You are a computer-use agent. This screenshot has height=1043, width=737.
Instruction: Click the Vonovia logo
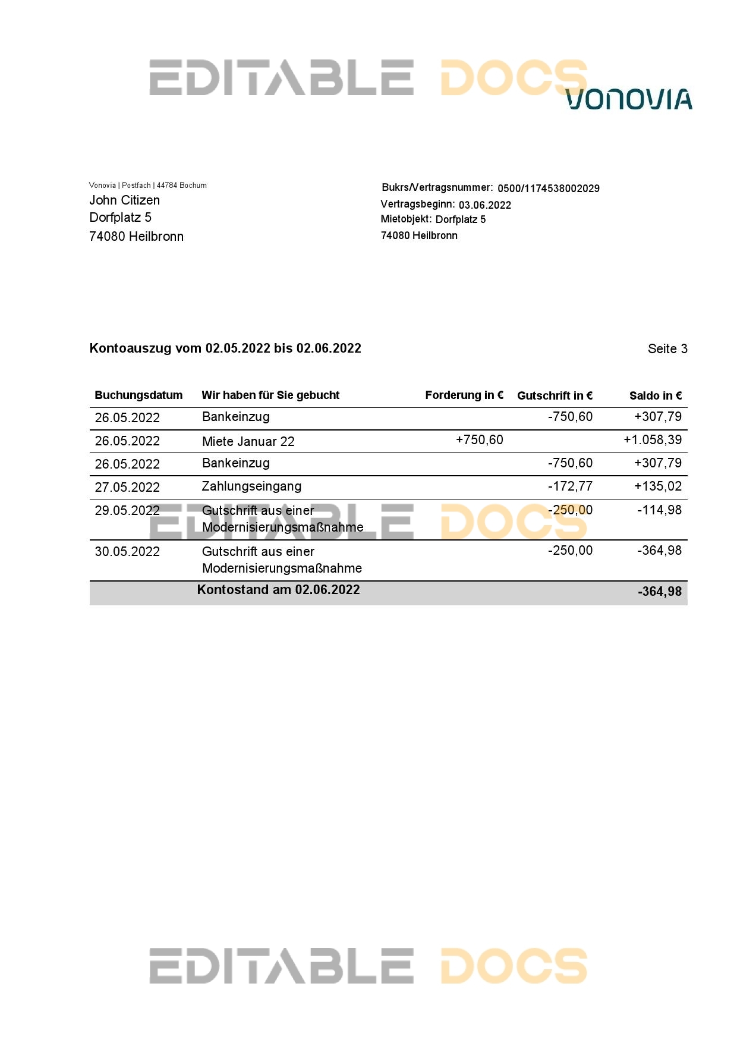point(629,99)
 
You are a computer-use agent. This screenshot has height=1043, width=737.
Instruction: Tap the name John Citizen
point(124,200)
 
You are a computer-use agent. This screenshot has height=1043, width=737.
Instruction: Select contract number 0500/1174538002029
point(548,189)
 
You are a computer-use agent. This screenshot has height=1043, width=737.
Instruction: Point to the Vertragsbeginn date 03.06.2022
point(484,205)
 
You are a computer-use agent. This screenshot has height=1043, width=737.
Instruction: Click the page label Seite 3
point(667,349)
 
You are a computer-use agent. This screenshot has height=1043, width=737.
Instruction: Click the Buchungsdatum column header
point(138,395)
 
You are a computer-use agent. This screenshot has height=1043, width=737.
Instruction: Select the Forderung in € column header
point(464,395)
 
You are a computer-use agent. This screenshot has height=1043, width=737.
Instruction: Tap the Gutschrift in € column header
point(555,396)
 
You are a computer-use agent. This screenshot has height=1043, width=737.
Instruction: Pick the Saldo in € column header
point(655,396)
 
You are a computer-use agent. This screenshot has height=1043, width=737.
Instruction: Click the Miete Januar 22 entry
point(248,441)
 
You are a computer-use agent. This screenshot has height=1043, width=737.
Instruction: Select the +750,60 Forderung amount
point(479,440)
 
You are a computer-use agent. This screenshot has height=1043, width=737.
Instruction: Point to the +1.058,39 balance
point(652,440)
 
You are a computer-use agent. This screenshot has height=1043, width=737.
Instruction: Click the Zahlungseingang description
point(251,486)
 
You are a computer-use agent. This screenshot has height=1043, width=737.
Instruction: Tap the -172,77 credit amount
point(570,486)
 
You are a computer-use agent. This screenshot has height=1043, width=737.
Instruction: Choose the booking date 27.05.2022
point(127,488)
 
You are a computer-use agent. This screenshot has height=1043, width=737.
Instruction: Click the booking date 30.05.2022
point(127,552)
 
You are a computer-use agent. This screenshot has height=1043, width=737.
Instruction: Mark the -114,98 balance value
point(659,510)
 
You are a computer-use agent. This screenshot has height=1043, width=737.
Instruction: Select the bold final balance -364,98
point(659,592)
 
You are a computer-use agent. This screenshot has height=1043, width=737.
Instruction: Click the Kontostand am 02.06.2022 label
point(278,590)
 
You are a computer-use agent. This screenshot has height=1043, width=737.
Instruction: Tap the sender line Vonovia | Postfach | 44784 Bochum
point(148,186)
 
